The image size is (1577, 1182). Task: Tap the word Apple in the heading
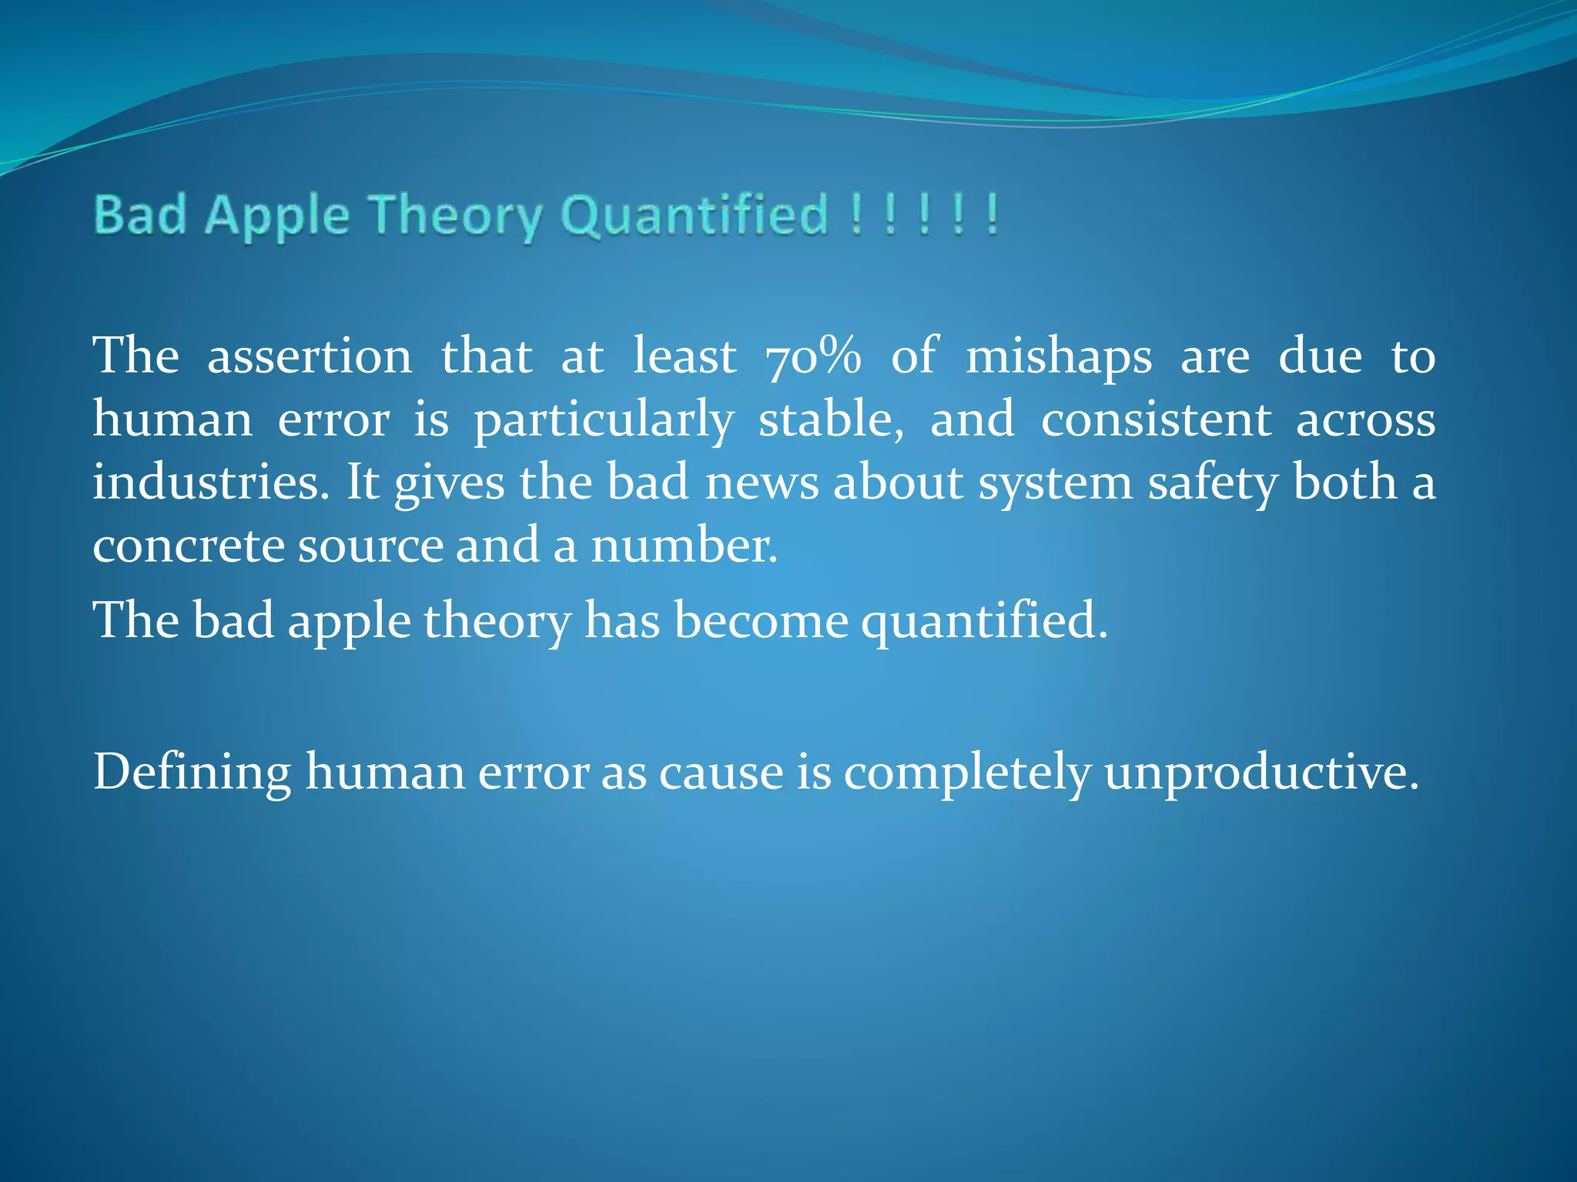[x=276, y=215]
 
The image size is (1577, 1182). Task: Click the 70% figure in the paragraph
[x=813, y=356]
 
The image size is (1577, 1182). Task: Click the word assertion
[x=310, y=356]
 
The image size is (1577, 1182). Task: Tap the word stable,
[x=831, y=420]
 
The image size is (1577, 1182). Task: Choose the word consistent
[x=1155, y=420]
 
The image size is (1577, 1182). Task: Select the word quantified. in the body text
[x=984, y=622]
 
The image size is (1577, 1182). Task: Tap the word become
[x=761, y=620]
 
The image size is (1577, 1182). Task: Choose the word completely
[x=966, y=773]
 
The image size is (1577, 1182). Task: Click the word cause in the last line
[x=721, y=773]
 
